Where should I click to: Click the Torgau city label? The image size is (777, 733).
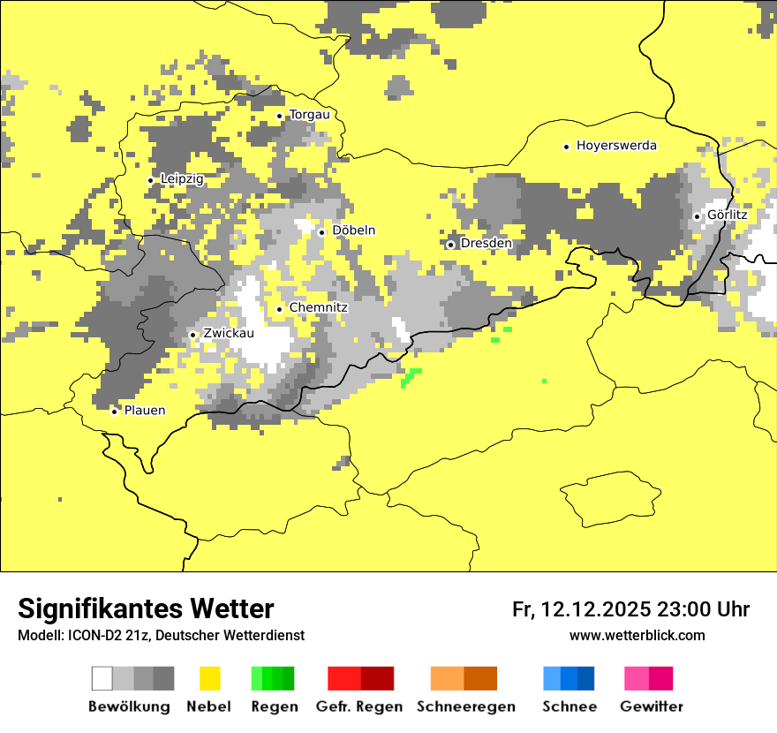(x=309, y=115)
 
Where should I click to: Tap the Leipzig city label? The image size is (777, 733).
(x=182, y=179)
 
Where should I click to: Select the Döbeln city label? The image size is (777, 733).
(x=353, y=230)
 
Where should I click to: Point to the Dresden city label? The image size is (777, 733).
(x=486, y=243)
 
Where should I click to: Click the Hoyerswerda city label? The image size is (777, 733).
(x=616, y=146)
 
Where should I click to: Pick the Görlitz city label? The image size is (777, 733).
(x=727, y=215)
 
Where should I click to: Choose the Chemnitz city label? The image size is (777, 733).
(x=318, y=307)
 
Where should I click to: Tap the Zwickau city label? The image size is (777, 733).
(x=228, y=334)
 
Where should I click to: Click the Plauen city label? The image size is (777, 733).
(x=144, y=411)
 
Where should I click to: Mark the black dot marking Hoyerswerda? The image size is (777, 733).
(x=566, y=147)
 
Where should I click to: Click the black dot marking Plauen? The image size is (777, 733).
(x=114, y=412)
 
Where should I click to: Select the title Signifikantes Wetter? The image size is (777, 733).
(x=146, y=609)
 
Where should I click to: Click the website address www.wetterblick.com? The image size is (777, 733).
(x=637, y=635)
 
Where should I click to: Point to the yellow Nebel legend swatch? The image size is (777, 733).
(x=210, y=678)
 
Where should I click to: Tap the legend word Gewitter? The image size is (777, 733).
(x=652, y=707)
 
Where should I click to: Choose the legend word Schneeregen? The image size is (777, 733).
(x=466, y=707)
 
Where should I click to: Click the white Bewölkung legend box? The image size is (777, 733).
(x=102, y=678)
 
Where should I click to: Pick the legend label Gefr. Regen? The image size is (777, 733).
(x=359, y=707)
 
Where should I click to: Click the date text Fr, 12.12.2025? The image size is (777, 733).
(x=581, y=609)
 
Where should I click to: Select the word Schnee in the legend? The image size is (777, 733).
(x=570, y=707)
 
